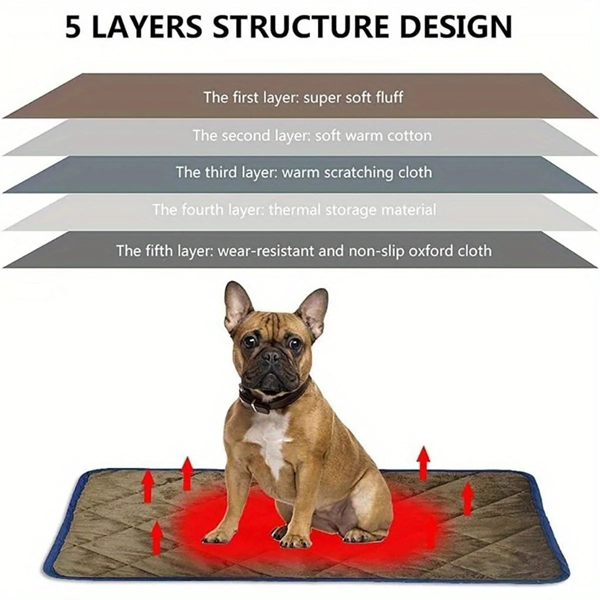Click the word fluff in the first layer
click(x=388, y=97)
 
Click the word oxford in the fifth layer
click(x=433, y=250)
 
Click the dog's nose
click(x=272, y=357)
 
